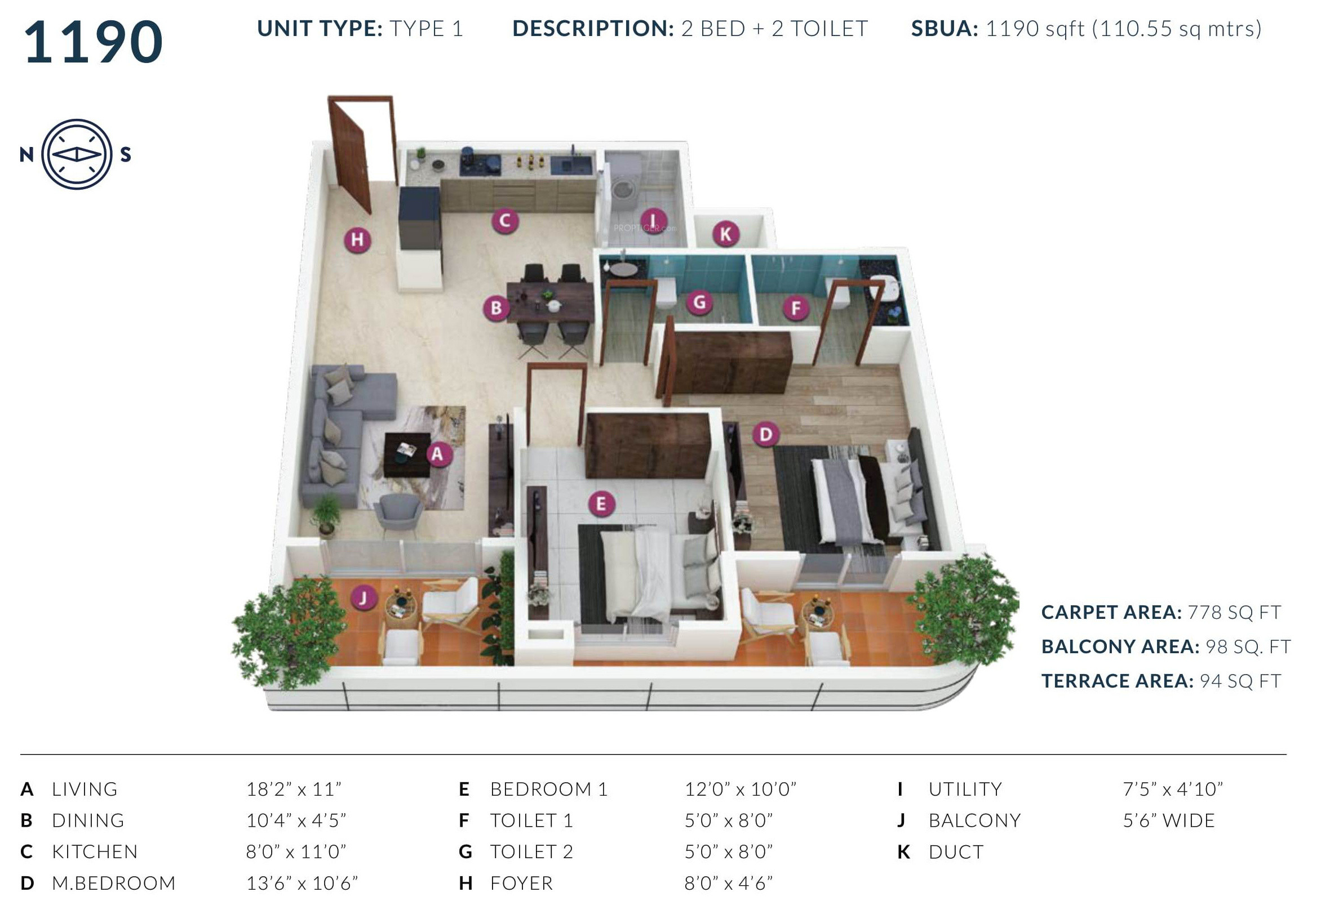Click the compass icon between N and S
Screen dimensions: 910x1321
coord(77,154)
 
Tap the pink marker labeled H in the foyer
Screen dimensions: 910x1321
coord(357,240)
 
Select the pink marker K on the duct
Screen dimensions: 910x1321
coord(725,234)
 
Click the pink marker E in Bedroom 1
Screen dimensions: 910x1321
coord(600,504)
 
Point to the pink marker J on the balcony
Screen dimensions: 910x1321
coord(363,598)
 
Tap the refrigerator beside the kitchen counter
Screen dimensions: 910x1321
coord(420,218)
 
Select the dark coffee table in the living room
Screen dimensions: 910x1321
coord(406,454)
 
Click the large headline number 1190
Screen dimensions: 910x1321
coord(94,42)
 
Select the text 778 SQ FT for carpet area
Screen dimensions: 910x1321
coord(1234,612)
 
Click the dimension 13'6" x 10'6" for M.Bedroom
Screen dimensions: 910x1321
coord(302,883)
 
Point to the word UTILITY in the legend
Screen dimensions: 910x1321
coord(965,789)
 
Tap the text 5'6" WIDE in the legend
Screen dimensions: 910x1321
coord(1169,820)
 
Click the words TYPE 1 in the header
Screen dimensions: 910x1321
coord(426,29)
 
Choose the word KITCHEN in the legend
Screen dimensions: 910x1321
coord(95,852)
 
